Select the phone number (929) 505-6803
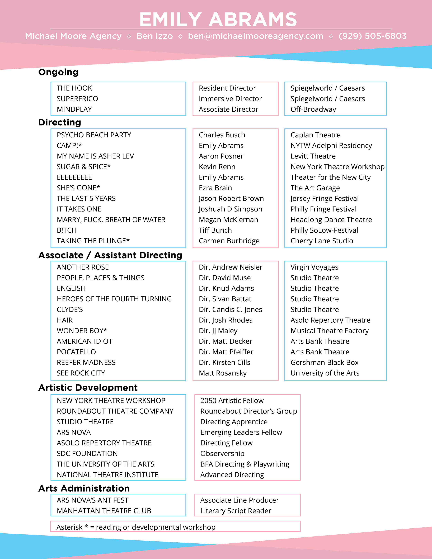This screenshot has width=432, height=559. pos(372,36)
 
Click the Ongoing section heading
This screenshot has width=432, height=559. pos(58,72)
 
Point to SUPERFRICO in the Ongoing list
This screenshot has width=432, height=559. pos(77,99)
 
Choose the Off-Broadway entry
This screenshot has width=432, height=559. pos(313,109)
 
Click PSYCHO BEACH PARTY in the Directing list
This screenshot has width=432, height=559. pos(94,135)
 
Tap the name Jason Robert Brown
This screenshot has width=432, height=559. pos(231,199)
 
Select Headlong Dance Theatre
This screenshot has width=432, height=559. pos(331,220)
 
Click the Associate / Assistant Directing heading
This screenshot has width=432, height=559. pos(110,255)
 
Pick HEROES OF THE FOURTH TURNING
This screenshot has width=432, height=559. pos(114,299)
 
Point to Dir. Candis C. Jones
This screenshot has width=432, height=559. pos(230,310)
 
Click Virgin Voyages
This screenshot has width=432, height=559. pos(314,267)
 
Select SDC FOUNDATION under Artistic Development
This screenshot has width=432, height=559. pos(87,454)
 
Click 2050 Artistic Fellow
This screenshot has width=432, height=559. pos(232,401)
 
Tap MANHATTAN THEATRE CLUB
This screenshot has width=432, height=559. pos(104,511)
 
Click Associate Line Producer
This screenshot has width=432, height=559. pos(240,500)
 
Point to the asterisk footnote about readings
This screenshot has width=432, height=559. pos(136,527)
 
